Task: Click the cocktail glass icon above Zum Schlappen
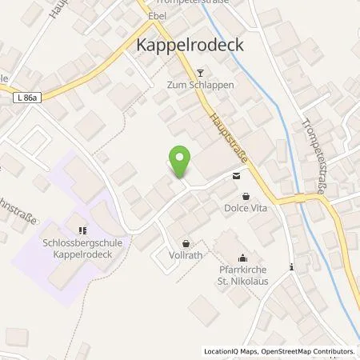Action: pyautogui.click(x=190, y=73)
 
